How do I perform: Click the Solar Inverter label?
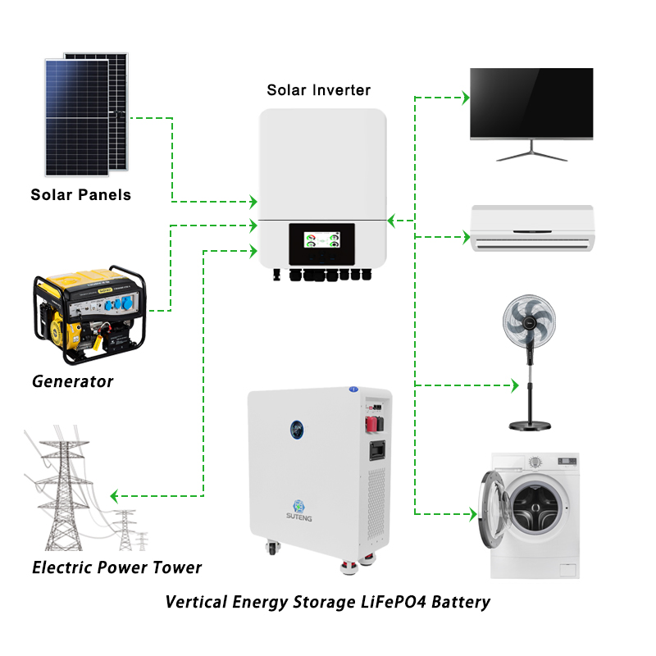click(x=319, y=90)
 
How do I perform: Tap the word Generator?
click(x=72, y=381)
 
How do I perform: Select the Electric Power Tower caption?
click(x=116, y=567)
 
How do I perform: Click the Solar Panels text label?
click(x=80, y=195)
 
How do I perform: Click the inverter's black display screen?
click(x=321, y=244)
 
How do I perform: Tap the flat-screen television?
click(x=531, y=114)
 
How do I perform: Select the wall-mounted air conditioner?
click(x=532, y=228)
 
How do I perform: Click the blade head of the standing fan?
click(x=529, y=321)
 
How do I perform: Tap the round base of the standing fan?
click(x=530, y=426)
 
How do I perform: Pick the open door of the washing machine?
click(x=494, y=509)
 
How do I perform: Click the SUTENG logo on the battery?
click(x=298, y=511)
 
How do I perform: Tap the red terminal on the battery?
click(x=371, y=424)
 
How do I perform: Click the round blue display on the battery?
click(x=297, y=429)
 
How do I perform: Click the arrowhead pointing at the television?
click(x=466, y=98)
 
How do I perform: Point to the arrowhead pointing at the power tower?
click(x=114, y=496)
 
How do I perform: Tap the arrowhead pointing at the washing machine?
click(x=473, y=514)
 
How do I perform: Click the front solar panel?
click(x=77, y=117)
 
